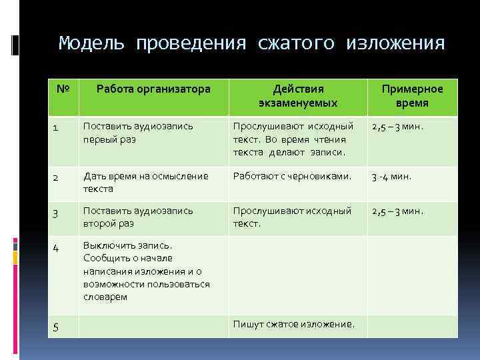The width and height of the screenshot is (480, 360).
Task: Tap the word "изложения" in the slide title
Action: click(x=395, y=44)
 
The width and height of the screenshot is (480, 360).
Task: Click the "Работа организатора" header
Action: click(x=153, y=89)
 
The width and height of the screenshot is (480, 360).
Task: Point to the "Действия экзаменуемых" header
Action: click(x=298, y=96)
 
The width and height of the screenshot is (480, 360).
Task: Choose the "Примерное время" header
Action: click(x=411, y=96)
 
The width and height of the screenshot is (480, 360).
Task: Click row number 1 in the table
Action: click(x=57, y=129)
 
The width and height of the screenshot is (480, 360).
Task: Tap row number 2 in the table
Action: click(x=57, y=178)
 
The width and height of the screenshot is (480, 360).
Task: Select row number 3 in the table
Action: click(x=57, y=213)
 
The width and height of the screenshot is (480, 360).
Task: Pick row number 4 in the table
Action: click(x=57, y=247)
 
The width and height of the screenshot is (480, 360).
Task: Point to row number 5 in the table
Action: click(x=57, y=327)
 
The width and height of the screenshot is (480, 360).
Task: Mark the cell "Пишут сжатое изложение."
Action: click(x=294, y=325)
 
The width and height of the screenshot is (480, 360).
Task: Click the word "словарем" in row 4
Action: click(x=105, y=297)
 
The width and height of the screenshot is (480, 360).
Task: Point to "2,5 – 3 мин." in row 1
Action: click(x=397, y=126)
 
